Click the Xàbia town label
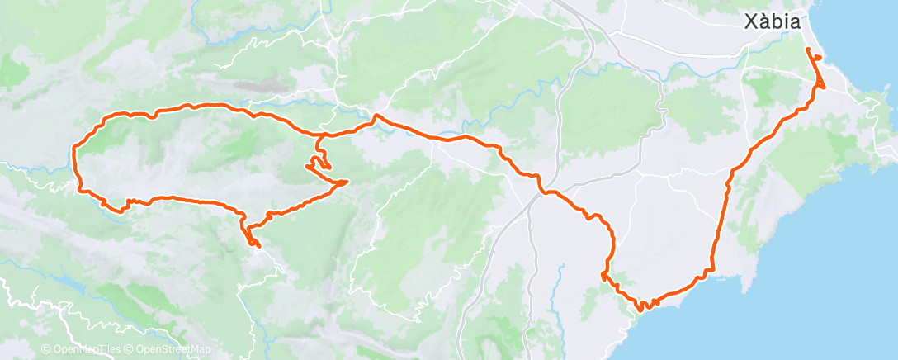773,23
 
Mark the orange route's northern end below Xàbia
808,51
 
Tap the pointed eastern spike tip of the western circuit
347,181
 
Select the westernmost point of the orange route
74,149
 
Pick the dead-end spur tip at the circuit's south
258,245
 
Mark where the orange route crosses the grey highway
542,192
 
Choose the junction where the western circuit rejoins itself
318,135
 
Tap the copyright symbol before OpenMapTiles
45,349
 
